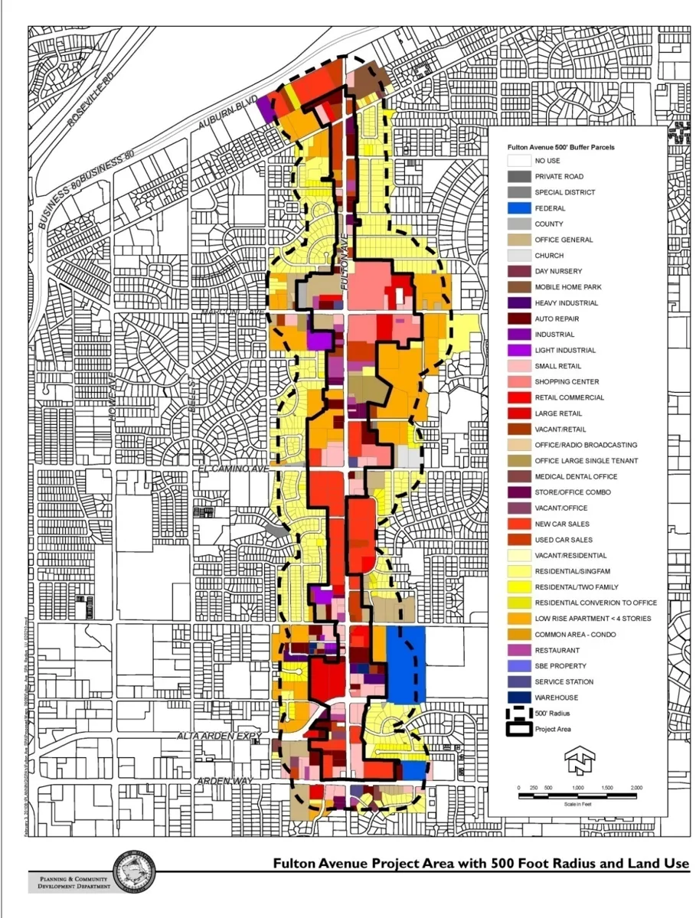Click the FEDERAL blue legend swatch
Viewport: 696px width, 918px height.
520,208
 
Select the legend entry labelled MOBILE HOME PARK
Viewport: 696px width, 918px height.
567,287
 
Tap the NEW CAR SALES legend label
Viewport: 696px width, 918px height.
563,524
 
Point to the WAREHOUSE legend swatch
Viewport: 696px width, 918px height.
520,697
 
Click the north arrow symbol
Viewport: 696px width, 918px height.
576,760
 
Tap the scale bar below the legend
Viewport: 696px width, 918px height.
577,797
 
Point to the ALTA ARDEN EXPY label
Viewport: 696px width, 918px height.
230,737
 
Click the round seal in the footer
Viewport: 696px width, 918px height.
135,872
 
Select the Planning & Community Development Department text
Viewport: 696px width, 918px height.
71,880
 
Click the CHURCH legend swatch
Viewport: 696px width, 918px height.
520,256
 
